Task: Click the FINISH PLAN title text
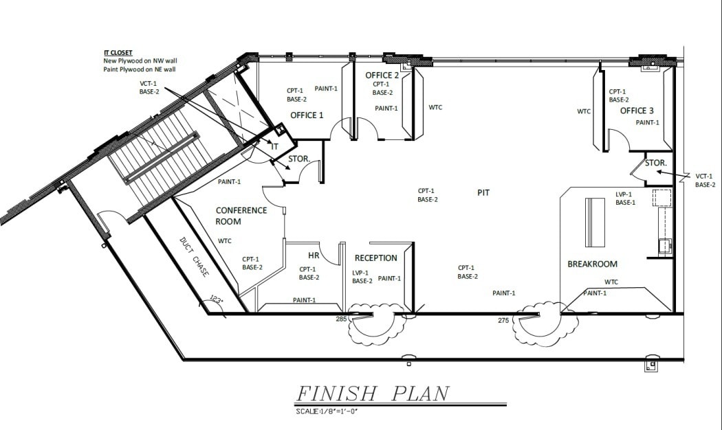372,394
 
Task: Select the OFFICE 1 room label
307,115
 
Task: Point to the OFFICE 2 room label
382,76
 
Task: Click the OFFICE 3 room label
637,111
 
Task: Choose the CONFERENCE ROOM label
241,216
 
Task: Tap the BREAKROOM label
592,264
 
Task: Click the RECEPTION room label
375,258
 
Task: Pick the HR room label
314,255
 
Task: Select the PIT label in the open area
483,193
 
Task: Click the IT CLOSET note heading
118,52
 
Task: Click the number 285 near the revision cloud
341,319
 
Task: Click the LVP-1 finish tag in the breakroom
625,194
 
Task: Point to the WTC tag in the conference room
224,241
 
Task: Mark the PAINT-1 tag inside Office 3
647,123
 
